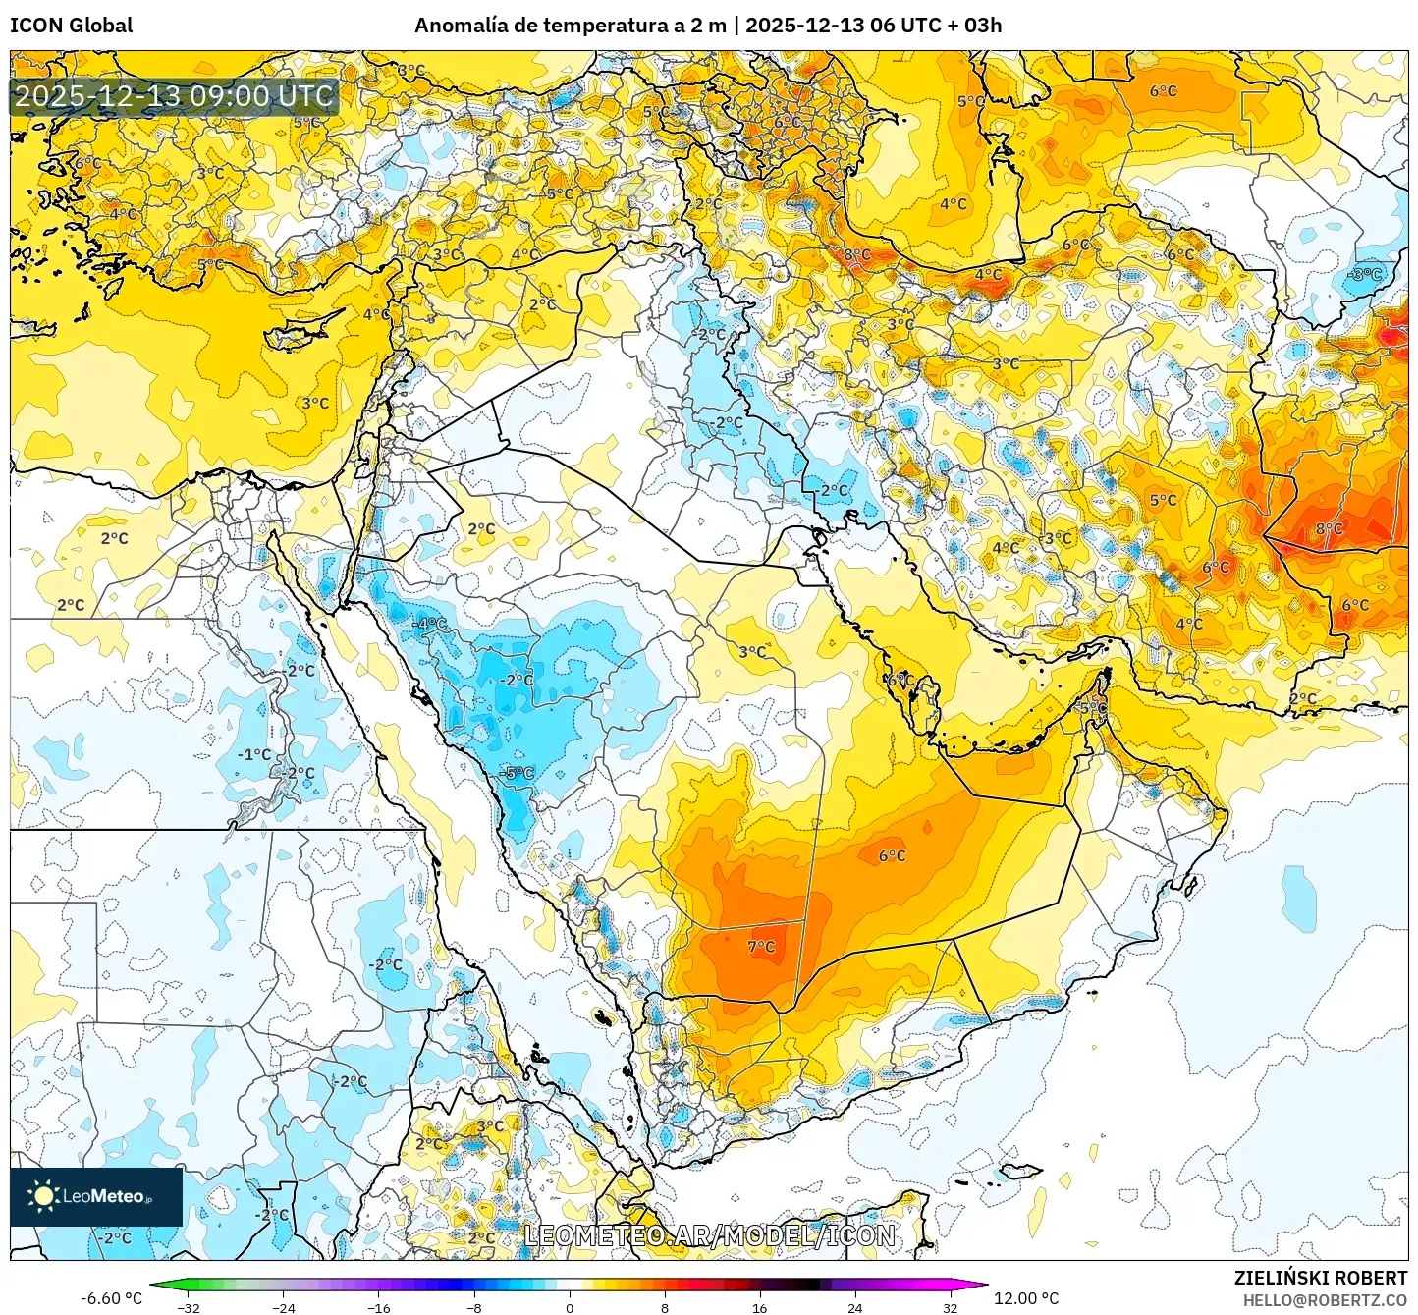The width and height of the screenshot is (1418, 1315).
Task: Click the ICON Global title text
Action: point(71,26)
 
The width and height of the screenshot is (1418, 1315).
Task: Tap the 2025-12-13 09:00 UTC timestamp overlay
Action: point(174,96)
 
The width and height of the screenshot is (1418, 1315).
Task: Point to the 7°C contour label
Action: point(761,947)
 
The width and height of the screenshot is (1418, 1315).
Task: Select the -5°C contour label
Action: point(518,774)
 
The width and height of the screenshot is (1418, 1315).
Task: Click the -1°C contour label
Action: point(254,754)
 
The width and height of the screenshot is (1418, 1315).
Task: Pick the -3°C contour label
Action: point(1364,275)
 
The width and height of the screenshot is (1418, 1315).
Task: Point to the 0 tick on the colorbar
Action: point(570,1307)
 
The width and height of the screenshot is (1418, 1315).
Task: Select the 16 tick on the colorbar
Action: point(759,1307)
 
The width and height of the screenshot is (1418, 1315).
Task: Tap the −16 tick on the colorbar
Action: point(378,1307)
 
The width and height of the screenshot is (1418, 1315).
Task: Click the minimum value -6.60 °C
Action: point(111,1298)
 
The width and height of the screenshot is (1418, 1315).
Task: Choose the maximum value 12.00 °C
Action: point(1026,1298)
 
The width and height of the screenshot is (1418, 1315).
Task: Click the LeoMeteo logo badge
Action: point(96,1196)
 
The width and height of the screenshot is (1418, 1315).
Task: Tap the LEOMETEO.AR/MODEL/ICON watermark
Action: point(709,1235)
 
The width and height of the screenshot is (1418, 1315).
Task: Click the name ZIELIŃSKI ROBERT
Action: point(1321,1278)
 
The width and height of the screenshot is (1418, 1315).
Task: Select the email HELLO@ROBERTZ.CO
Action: point(1325,1300)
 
